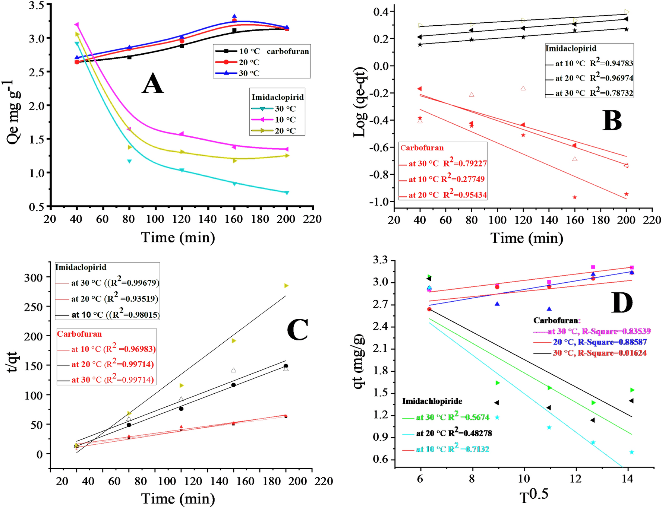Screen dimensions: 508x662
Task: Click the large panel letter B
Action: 612,121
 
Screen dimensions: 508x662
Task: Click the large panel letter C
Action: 297,330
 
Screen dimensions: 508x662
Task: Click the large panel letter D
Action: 622,303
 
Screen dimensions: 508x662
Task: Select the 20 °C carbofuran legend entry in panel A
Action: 249,62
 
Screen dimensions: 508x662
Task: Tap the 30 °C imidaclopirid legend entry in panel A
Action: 285,109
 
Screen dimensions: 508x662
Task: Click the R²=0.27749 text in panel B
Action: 463,179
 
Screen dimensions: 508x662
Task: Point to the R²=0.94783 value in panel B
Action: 611,63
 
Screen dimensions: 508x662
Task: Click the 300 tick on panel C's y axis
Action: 34,277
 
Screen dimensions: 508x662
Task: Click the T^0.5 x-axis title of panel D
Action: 534,496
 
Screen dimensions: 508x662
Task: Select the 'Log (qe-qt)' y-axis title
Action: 360,102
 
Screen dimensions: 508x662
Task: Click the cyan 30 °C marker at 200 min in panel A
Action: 287,193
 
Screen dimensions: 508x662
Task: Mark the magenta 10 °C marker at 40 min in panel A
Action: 77,25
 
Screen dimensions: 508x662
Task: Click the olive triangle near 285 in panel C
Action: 286,286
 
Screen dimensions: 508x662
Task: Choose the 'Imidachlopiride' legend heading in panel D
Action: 432,401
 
